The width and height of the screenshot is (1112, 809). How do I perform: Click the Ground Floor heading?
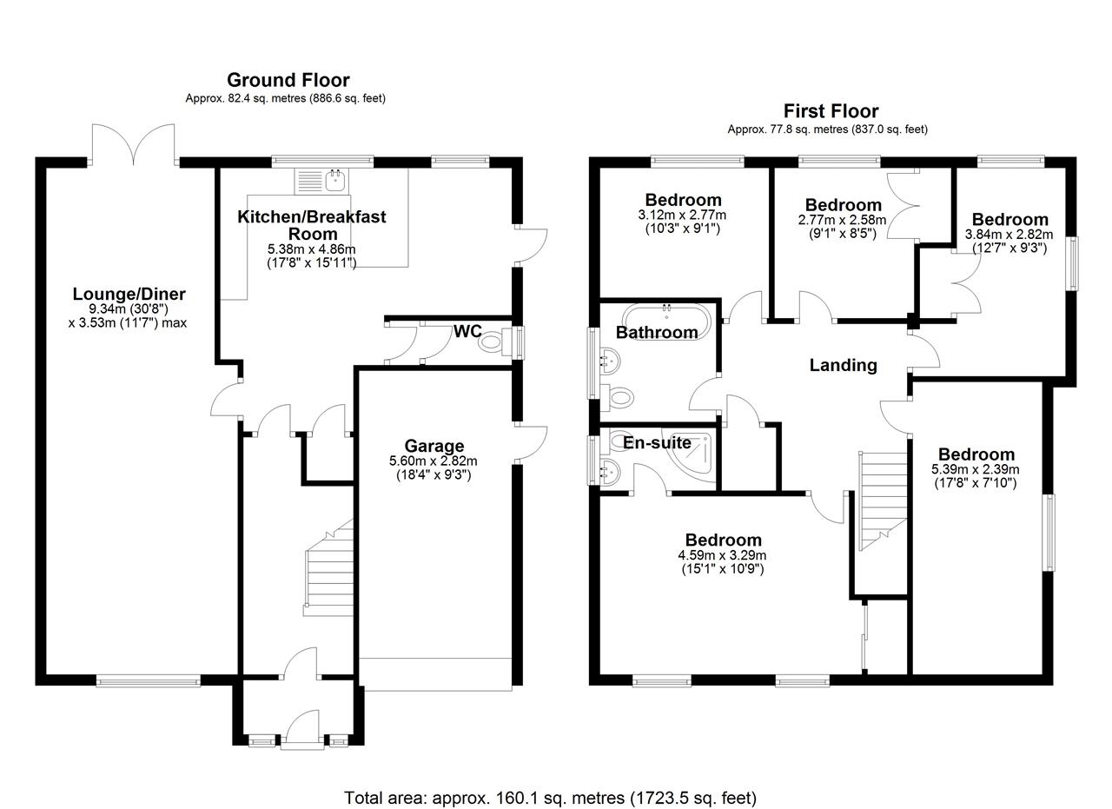click(288, 81)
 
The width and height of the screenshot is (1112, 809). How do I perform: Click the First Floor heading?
click(831, 111)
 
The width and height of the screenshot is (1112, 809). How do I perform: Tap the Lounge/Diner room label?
click(129, 295)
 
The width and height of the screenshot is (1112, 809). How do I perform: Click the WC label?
click(467, 332)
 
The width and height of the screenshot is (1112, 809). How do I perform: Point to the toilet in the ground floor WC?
click(493, 342)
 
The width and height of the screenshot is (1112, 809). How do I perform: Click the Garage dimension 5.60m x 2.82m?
click(434, 461)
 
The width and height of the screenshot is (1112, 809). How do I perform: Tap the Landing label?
click(843, 365)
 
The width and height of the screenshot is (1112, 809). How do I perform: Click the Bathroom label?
click(656, 333)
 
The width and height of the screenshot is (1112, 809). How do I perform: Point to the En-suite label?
click(657, 443)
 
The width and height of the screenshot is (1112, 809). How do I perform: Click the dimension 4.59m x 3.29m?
click(723, 555)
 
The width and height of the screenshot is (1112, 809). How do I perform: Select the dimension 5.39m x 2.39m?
click(976, 469)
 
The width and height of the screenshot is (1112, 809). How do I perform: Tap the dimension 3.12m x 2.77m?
click(682, 216)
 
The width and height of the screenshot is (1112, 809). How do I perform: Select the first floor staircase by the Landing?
click(883, 500)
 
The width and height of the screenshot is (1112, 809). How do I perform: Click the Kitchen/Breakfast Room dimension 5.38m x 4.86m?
click(312, 249)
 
